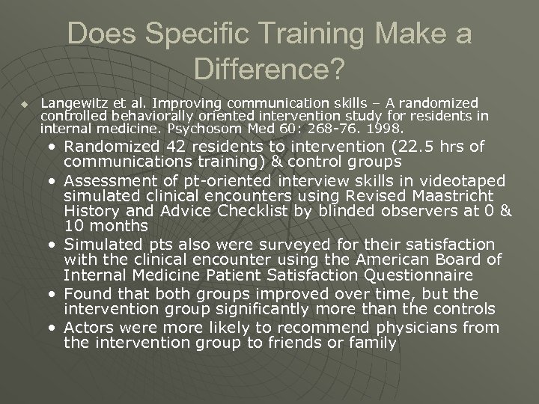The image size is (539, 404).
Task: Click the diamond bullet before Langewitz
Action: (25, 103)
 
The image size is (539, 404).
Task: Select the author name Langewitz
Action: (74, 102)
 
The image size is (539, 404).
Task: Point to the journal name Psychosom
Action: (174, 129)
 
